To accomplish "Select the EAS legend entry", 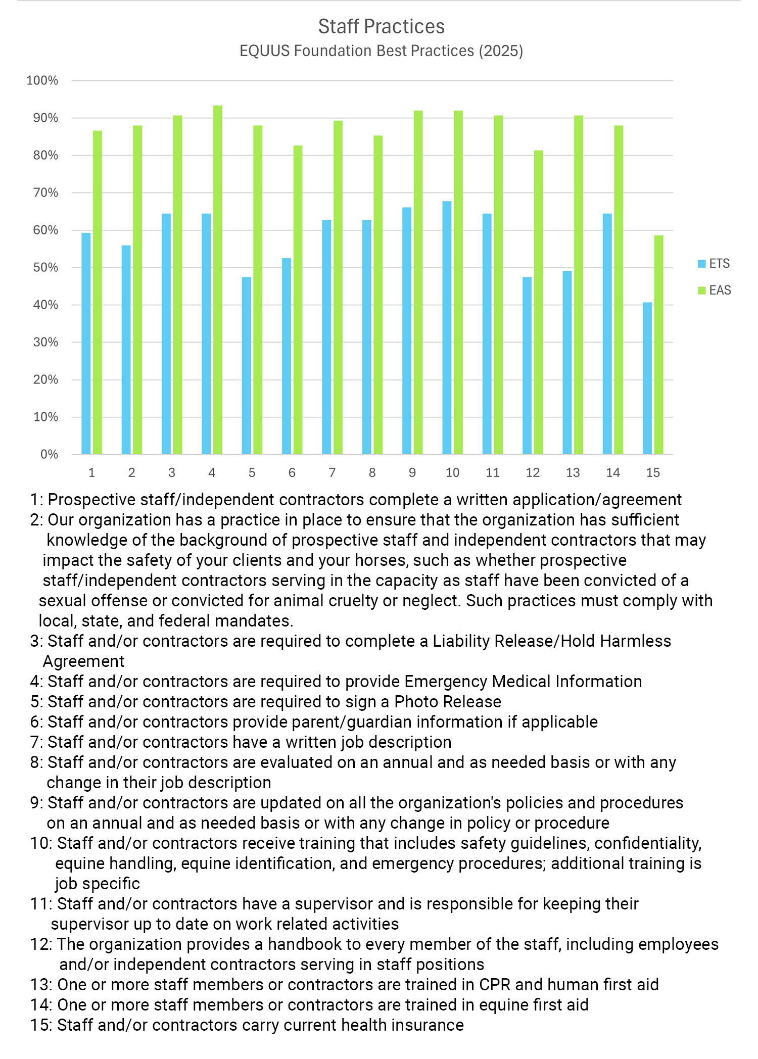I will (715, 291).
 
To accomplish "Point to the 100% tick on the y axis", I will (42, 81).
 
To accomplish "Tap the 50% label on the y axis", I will (45, 268).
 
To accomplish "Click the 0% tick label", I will (49, 455).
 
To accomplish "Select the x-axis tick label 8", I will (372, 473).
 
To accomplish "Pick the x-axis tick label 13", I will (573, 473).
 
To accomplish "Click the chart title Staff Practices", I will (381, 27).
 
